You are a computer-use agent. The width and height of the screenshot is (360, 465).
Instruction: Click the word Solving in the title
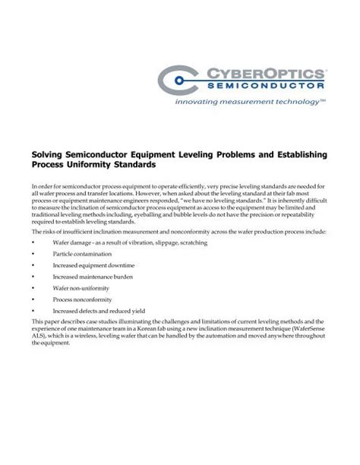(x=48, y=154)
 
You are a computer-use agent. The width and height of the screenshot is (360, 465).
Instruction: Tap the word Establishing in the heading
(x=296, y=154)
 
